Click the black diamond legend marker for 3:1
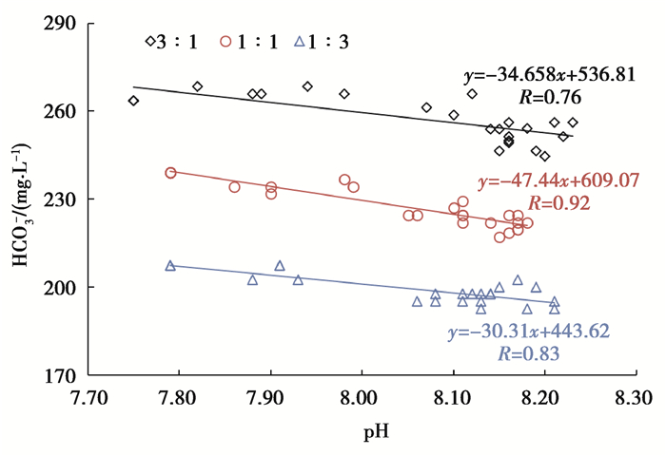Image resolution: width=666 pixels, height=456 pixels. coord(150,41)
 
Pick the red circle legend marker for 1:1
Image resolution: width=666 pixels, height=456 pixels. coord(225,41)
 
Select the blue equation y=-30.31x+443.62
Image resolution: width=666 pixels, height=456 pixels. coord(528,332)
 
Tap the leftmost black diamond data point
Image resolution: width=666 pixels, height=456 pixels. coord(133,101)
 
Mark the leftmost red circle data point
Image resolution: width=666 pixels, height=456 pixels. coord(170,173)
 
